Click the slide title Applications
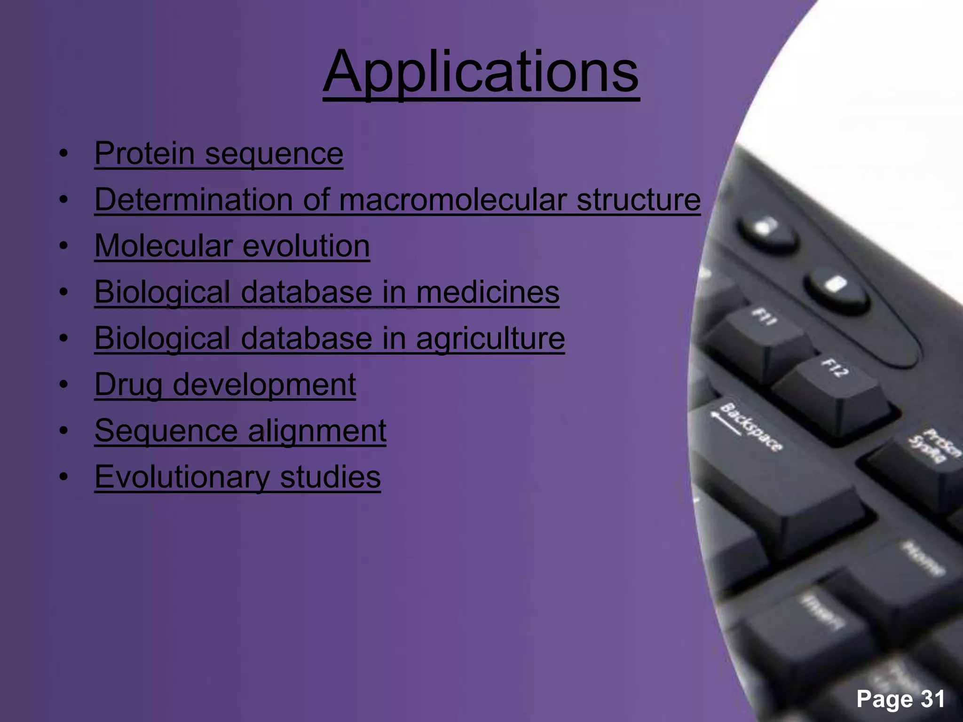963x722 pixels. (x=481, y=73)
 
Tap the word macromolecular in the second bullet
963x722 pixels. (x=451, y=199)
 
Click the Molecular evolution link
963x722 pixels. (x=232, y=245)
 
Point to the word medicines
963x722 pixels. (x=488, y=291)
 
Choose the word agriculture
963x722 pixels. (x=490, y=338)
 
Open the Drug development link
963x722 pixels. (x=225, y=384)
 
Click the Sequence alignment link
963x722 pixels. (x=240, y=430)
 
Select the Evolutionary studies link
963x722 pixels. (x=237, y=476)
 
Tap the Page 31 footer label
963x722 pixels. (x=900, y=698)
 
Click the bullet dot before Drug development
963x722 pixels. (x=64, y=385)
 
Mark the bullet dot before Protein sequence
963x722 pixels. (x=64, y=154)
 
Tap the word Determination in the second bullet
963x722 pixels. (x=193, y=199)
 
